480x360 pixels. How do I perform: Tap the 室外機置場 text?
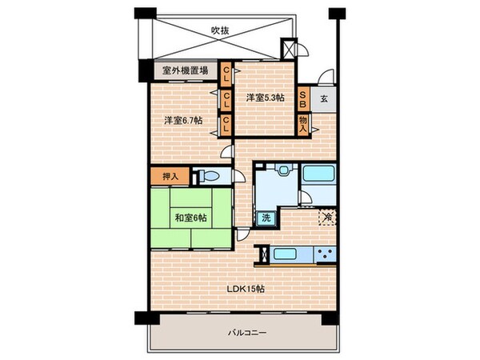coord(186,70)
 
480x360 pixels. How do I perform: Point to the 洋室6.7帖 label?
coord(183,120)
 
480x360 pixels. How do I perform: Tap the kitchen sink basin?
coord(285,255)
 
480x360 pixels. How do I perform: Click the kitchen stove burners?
coord(324,255)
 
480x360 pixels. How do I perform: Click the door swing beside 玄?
coord(326,78)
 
